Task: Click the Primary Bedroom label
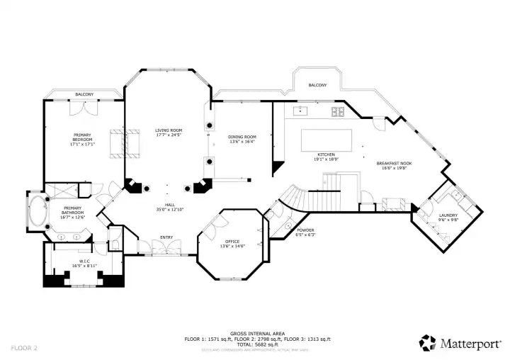pos(84,137)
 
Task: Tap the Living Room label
pos(169,132)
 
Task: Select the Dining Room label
pos(242,139)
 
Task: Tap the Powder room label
pos(305,232)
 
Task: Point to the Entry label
pos(166,237)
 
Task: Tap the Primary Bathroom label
pos(72,211)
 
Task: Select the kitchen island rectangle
pos(327,140)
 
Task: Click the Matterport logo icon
pos(427,343)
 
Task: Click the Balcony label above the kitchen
pos(317,86)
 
